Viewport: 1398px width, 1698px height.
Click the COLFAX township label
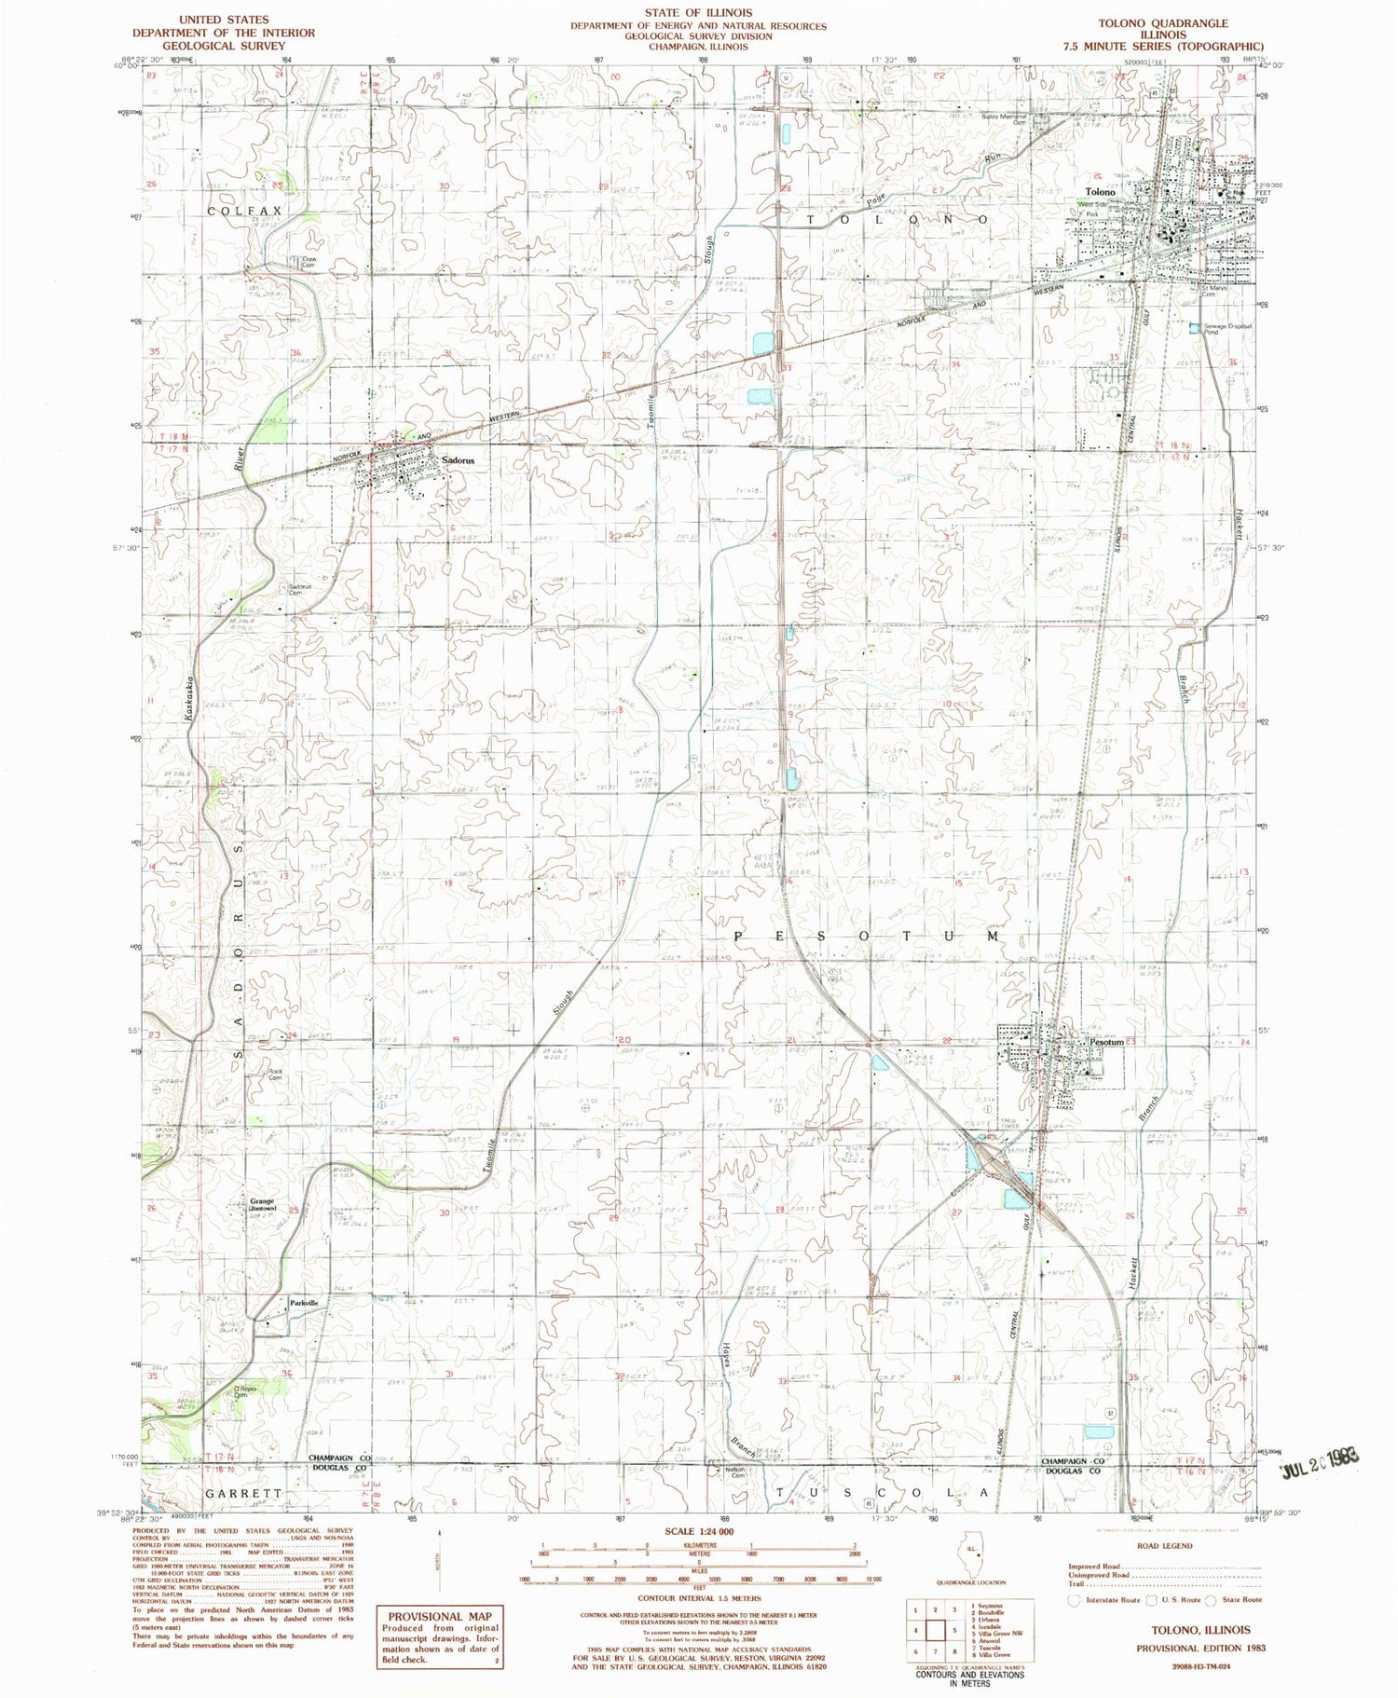[x=244, y=212]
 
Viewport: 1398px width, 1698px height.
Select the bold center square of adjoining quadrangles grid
[x=935, y=1631]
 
